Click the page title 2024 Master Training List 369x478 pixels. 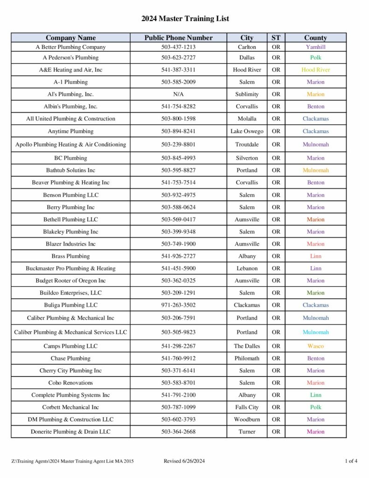[x=185, y=19]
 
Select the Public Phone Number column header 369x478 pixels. [x=178, y=38]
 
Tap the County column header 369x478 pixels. [x=315, y=38]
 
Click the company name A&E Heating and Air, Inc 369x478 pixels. [x=70, y=70]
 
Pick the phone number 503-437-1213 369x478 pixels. [x=178, y=47]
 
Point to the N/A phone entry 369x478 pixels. [x=178, y=94]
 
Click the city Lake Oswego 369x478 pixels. [x=247, y=132]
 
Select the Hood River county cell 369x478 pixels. [x=315, y=70]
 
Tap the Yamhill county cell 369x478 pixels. [x=315, y=47]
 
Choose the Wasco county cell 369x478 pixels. [x=315, y=346]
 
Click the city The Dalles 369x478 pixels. [x=247, y=346]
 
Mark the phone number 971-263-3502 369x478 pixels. [x=178, y=305]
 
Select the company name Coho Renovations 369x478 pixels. [x=70, y=383]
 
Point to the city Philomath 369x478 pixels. [x=247, y=358]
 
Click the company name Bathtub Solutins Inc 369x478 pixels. [x=70, y=170]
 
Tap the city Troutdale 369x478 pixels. [x=247, y=145]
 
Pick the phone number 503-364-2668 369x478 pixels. [x=178, y=432]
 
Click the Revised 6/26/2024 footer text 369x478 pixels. [x=184, y=461]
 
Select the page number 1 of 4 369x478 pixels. [x=351, y=461]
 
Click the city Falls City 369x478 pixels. [x=247, y=408]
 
